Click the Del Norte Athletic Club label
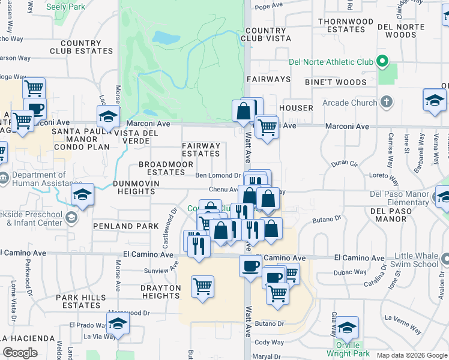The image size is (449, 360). point(331,62)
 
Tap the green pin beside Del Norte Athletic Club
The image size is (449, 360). point(381,62)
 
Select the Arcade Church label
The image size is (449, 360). point(350,103)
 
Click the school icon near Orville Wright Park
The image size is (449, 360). point(347,328)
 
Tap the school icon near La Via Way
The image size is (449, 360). point(118,323)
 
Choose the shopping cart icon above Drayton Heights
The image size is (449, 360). point(203,286)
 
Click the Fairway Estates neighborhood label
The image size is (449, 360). point(201,149)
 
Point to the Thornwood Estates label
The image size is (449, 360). point(342,25)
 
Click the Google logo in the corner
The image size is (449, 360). point(20,353)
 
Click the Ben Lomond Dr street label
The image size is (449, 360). point(218,176)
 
